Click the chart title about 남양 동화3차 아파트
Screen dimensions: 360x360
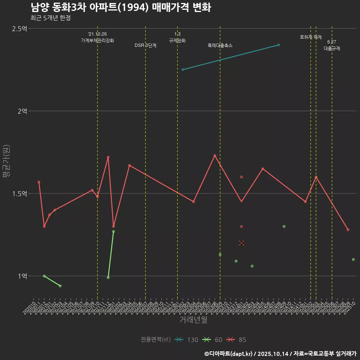[120, 7]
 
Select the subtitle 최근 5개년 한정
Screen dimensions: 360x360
[50, 18]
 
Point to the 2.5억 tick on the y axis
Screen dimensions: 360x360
[19, 28]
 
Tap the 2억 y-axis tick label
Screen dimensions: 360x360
[22, 111]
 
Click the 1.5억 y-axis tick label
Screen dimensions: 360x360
[19, 193]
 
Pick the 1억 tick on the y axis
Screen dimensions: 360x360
[22, 276]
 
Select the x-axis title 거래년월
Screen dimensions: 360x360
[193, 320]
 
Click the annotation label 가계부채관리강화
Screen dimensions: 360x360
[97, 40]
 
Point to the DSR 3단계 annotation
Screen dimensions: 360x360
[145, 45]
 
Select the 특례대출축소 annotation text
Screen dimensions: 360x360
[220, 45]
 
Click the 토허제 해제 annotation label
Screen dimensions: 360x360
[311, 37]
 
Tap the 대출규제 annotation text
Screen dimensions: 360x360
[332, 48]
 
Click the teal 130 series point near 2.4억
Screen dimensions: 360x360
[279, 45]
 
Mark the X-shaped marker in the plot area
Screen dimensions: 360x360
[241, 243]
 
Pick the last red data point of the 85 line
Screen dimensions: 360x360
[348, 229]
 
